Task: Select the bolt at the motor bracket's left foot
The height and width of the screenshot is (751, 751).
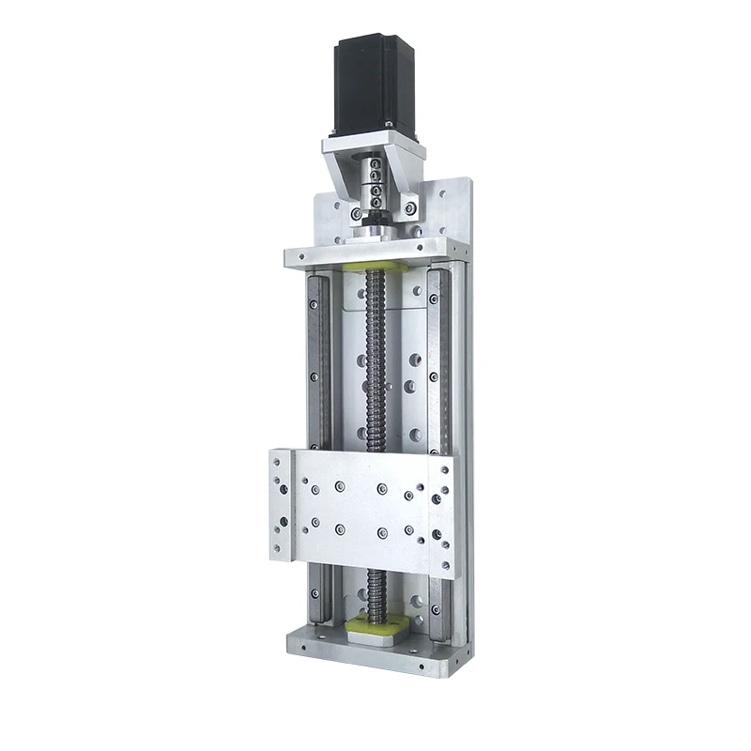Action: pos(356,214)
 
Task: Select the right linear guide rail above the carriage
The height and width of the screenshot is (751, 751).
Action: pos(437,357)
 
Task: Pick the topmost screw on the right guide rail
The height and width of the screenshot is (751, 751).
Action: pos(433,299)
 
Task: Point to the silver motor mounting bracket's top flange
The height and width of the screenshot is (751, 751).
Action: pos(374,146)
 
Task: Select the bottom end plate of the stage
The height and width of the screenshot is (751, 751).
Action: pos(375,651)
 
